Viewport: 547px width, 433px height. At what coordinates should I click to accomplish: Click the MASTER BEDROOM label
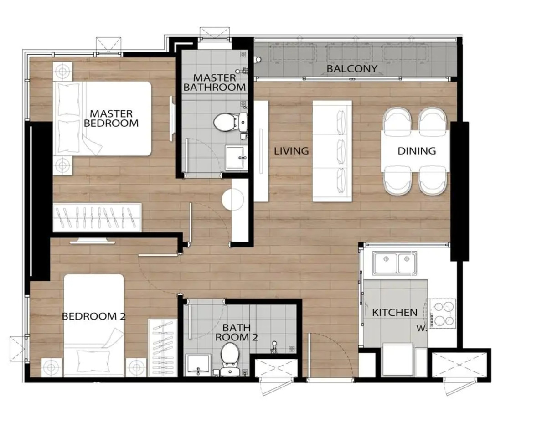tap(111, 118)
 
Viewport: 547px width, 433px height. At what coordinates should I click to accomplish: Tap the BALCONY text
tap(352, 69)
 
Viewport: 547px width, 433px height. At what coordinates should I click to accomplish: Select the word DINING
tap(417, 151)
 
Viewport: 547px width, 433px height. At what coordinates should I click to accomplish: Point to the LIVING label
tap(291, 151)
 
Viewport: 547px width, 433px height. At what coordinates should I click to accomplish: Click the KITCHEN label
tap(395, 313)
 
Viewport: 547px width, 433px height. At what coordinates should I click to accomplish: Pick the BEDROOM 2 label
tap(94, 317)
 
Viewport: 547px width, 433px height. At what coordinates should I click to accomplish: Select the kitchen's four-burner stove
tap(443, 313)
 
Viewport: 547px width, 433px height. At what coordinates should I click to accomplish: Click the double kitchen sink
tap(395, 263)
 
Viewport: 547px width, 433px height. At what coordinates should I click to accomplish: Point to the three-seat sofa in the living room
tap(332, 151)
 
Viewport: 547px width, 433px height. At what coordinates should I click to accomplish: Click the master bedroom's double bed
tap(102, 119)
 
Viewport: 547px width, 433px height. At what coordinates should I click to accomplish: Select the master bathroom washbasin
tap(237, 158)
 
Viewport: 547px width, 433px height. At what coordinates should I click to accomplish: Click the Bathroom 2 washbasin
tap(198, 366)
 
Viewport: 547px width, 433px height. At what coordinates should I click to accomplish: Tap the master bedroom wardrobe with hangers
tap(97, 217)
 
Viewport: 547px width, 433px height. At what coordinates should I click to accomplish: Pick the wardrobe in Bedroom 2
tap(163, 347)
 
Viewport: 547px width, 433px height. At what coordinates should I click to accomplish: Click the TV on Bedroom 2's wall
tap(92, 241)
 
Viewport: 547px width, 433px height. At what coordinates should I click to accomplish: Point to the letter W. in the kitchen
tap(421, 329)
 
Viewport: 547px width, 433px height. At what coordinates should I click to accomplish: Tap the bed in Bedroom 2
tap(94, 325)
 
